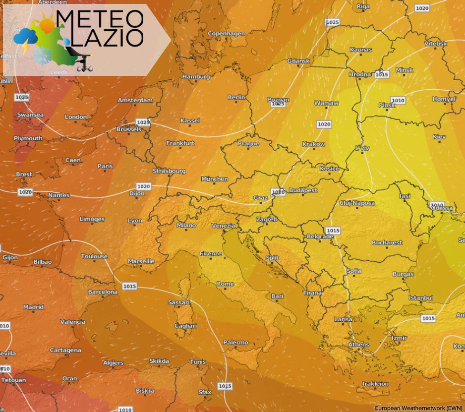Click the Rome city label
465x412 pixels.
tap(225, 284)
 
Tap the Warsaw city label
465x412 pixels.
tap(326, 103)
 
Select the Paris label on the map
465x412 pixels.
tap(105, 166)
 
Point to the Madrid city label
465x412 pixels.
tap(33, 307)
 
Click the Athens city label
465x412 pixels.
tap(358, 345)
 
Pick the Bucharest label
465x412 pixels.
tap(387, 242)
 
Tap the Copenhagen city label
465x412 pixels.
tap(226, 34)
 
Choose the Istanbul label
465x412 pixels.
tap(421, 297)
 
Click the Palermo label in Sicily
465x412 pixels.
tap(235, 342)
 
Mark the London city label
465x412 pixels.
tap(76, 117)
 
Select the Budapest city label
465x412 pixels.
tap(302, 190)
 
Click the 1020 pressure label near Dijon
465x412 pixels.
tap(143, 186)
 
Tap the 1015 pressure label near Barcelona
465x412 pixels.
tap(129, 286)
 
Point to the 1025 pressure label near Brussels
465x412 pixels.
tap(143, 122)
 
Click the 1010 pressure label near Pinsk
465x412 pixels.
tap(398, 100)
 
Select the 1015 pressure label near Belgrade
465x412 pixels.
tap(333, 231)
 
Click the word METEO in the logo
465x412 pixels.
tap(100, 19)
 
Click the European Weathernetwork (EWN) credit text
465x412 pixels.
tap(418, 408)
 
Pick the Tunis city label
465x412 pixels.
tap(197, 361)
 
